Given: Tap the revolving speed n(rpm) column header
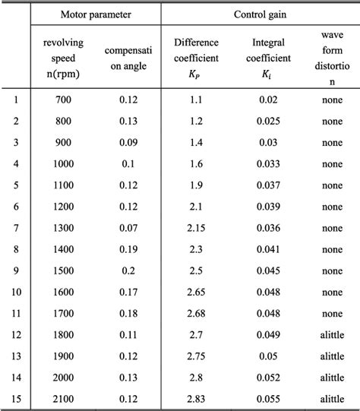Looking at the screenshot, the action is [x=64, y=57].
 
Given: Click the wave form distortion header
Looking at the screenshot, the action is [x=332, y=57].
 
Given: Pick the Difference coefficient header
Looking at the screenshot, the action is [x=197, y=57].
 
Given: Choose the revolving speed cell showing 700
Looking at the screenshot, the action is [x=64, y=98].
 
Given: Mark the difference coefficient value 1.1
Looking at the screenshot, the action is [x=197, y=98].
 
